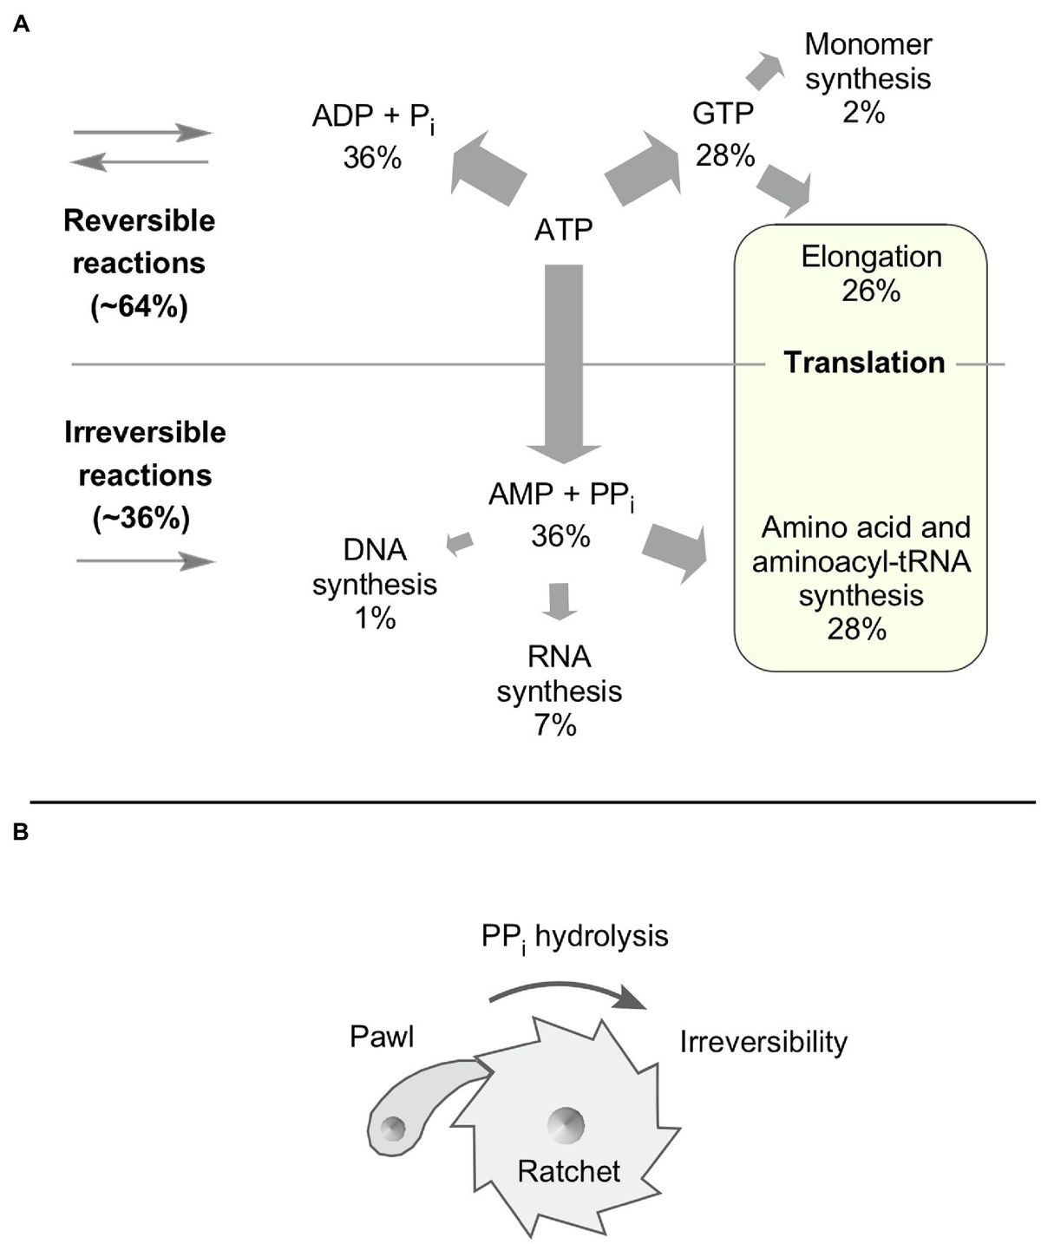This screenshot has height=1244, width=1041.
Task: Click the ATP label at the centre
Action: point(563,230)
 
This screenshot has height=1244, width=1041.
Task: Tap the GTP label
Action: point(723,114)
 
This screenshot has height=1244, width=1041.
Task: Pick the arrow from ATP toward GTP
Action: point(642,168)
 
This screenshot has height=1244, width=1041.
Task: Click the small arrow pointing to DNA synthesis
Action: point(460,543)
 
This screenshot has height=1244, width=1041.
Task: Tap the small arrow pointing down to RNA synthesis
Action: point(559,601)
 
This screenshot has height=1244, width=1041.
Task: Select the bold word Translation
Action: point(864,363)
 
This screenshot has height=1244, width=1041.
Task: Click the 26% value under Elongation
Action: point(870,291)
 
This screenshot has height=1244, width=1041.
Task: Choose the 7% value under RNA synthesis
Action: point(555,725)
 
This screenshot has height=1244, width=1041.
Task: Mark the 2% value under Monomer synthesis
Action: point(863,113)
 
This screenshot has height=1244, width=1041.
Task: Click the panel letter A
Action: point(22,26)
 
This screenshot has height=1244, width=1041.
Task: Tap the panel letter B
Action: point(22,834)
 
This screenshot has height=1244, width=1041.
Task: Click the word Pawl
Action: point(382,1037)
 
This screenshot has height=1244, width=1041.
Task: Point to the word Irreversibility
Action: point(763,1042)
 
